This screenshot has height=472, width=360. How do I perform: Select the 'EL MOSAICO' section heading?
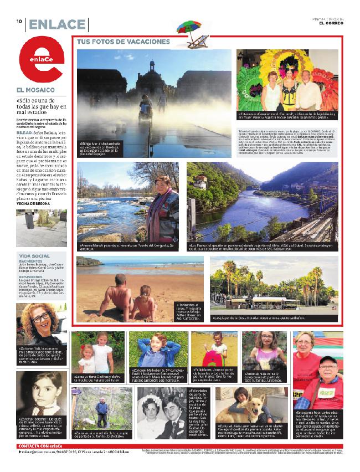(36, 89)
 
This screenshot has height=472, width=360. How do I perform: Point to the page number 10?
(19, 21)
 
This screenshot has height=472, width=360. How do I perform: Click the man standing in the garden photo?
(100, 413)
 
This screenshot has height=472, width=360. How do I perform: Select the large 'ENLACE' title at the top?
(57, 24)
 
